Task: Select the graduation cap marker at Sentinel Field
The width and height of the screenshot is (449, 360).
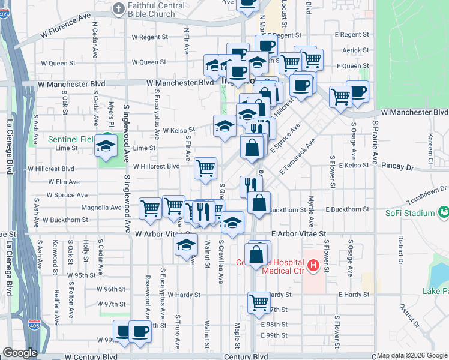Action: pyautogui.click(x=106, y=146)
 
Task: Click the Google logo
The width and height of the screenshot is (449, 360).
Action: pyautogui.click(x=20, y=353)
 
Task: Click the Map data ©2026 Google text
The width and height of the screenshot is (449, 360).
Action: pyautogui.click(x=412, y=355)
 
